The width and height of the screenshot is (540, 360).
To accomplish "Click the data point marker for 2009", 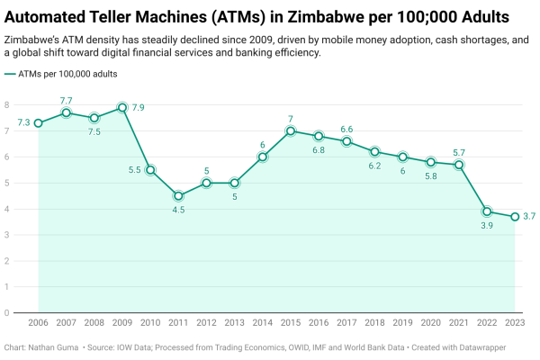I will tap(122, 108).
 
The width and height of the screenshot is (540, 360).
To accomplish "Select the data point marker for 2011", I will tap(178, 196).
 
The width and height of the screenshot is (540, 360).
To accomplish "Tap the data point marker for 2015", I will tap(291, 131).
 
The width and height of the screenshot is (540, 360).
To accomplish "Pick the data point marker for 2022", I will tap(487, 211).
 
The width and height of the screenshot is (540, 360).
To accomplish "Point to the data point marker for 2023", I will tap(515, 217).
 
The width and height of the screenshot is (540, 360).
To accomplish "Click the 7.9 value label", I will tap(139, 108).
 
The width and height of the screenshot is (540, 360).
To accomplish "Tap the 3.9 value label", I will tap(487, 226).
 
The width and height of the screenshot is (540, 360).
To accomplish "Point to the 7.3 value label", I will tap(23, 122).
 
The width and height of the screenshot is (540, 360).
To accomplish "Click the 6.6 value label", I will tap(346, 130).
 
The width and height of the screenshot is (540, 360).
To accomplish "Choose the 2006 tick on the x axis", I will tap(39, 322).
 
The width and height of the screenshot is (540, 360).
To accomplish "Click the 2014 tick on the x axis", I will tap(263, 322).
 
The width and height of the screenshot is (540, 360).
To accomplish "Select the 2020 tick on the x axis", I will tap(431, 322).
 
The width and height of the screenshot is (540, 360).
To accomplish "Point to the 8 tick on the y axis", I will tap(6, 105).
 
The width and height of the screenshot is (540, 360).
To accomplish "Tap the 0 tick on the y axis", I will tap(6, 313).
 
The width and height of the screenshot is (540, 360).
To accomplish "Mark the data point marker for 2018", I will tap(374, 152).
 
